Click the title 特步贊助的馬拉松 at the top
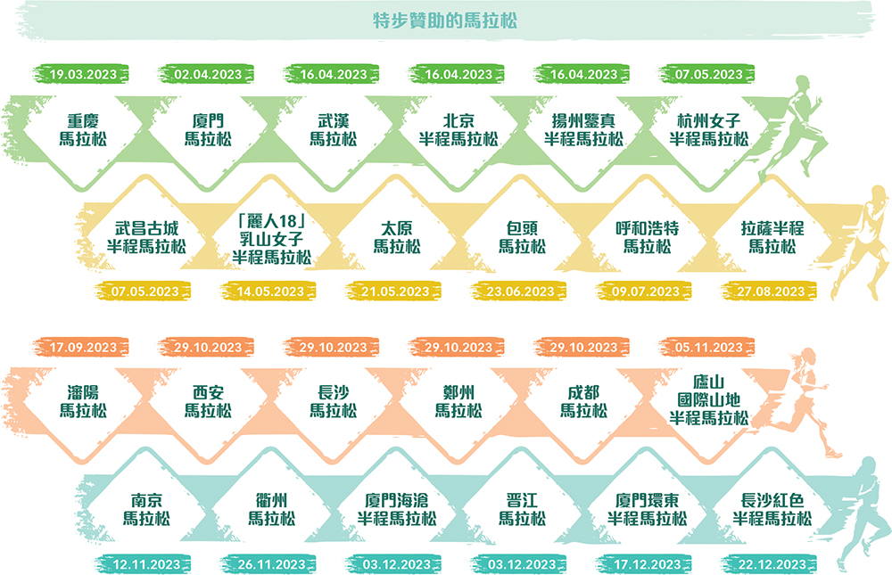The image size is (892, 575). point(445,21)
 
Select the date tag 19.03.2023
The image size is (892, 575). point(82,75)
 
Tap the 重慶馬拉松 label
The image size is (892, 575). point(83,129)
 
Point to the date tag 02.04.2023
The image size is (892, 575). point(207,75)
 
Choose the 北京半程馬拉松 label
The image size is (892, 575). point(458,129)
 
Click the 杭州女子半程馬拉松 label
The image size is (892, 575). point(709,129)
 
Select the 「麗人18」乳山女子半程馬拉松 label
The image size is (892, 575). point(271,239)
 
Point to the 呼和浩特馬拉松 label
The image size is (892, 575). point(647,237)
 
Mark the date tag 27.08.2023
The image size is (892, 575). point(771,292)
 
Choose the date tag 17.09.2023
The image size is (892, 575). point(82,348)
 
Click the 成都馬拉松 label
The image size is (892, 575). point(583,401)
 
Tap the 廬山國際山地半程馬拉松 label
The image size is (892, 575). point(709,400)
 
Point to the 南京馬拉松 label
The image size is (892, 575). point(146,509)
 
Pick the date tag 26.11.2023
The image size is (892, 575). point(271,564)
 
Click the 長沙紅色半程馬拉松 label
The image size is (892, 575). point(772,509)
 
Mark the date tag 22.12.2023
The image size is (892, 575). point(772,564)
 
